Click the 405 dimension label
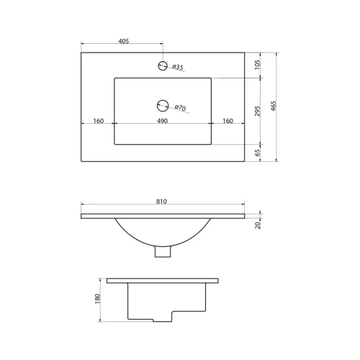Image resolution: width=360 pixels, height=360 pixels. pos(124,41)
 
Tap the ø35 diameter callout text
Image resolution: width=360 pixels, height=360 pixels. pos(178,67)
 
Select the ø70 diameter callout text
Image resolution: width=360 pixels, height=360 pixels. pos(180,108)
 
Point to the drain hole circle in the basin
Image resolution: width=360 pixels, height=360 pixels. pos(163,106)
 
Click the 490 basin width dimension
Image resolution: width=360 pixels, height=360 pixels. pos(162,121)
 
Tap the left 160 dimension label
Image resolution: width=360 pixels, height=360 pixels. pos(99,121)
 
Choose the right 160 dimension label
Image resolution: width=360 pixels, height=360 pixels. pos(228,121)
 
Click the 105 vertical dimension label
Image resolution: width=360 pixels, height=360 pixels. pos(257,65)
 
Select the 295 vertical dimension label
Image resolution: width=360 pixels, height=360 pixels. pos(257,111)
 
